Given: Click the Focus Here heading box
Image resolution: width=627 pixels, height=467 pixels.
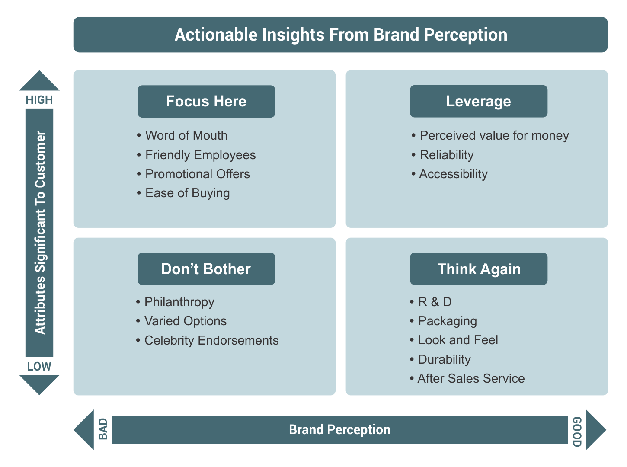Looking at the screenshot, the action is [x=206, y=101].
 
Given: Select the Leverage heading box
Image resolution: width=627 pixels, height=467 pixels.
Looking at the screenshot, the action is [x=478, y=101].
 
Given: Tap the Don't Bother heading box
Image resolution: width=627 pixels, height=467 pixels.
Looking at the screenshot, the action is [x=206, y=269].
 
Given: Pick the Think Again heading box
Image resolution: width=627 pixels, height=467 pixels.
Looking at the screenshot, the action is [x=478, y=269].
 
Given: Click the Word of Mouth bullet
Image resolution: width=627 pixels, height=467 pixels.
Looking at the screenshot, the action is [x=186, y=135].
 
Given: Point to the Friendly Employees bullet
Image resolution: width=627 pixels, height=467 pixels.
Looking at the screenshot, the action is [x=200, y=155].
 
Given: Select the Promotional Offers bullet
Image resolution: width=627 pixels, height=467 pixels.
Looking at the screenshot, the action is [x=197, y=174].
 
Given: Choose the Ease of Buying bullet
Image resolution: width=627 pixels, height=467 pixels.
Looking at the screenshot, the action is [x=187, y=193].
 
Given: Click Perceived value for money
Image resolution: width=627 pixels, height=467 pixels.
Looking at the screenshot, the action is [x=494, y=135].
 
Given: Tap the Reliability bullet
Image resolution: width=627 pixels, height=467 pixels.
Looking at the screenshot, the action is [x=446, y=155].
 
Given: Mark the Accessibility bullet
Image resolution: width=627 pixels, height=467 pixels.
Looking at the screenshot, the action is [x=453, y=174].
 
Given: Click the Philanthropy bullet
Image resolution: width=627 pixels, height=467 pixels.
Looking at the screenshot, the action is [x=179, y=302].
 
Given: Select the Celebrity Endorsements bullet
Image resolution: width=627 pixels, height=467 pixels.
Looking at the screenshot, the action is [x=211, y=340].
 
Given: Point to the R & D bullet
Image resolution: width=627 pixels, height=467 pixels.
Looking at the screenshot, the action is [x=434, y=302].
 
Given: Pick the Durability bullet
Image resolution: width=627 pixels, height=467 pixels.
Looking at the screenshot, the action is [x=444, y=359].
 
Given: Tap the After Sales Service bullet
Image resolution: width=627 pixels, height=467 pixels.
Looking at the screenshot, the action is [x=470, y=378].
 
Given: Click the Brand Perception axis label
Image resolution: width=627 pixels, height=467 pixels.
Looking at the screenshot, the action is [x=339, y=429].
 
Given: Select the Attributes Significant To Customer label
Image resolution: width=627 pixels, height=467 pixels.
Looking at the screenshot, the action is [x=40, y=233].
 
